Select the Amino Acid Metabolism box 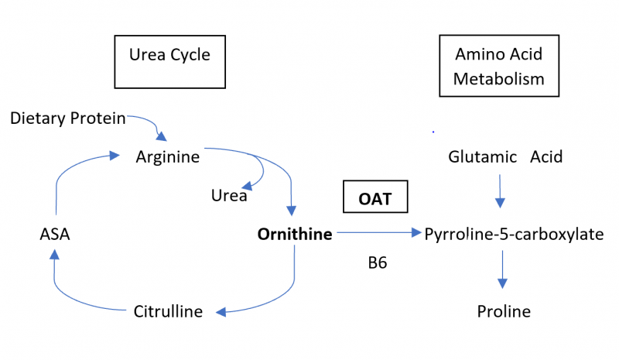(x=499, y=67)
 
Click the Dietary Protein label (x=67, y=118)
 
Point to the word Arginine (x=167, y=157)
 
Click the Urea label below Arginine (x=229, y=196)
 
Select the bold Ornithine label (x=295, y=234)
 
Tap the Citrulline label (x=168, y=312)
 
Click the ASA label (x=55, y=234)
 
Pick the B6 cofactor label (x=378, y=263)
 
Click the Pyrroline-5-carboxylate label (x=514, y=234)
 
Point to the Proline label (x=504, y=312)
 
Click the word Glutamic (x=482, y=157)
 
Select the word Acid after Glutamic (x=546, y=157)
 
